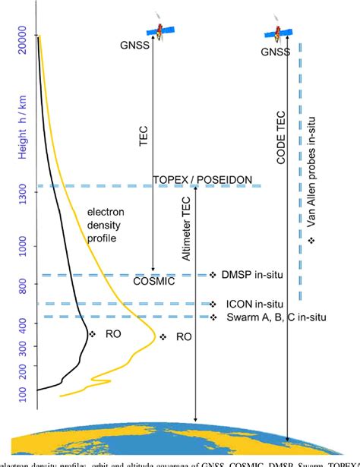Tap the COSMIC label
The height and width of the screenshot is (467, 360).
[x=175, y=281]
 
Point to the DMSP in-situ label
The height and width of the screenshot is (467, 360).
[x=254, y=274]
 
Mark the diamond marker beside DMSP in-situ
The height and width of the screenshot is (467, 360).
[x=213, y=274]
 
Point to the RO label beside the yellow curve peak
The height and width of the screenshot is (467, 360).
[x=183, y=337]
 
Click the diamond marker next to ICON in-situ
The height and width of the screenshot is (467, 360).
[x=213, y=303]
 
